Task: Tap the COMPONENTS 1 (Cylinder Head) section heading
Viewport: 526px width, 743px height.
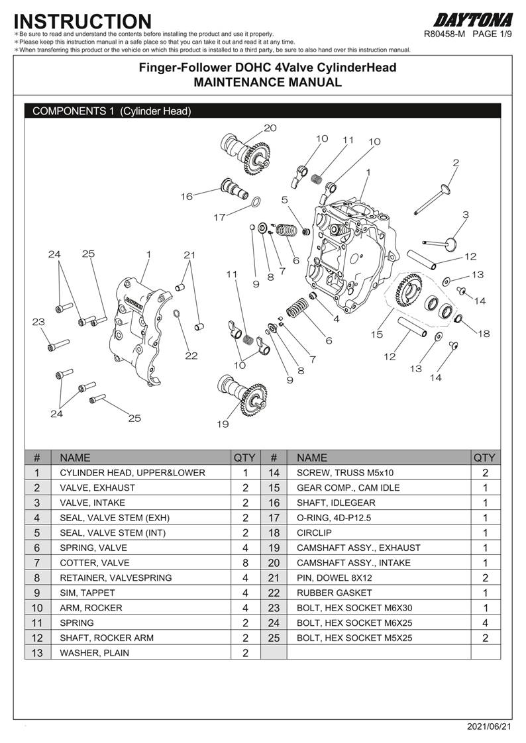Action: [x=112, y=111]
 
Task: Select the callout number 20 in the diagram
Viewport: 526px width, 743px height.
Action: [x=270, y=128]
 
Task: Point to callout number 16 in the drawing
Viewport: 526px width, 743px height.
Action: [x=186, y=196]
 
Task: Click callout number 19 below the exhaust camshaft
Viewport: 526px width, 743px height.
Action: [x=222, y=424]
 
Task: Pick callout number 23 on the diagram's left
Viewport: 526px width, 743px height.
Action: [x=38, y=322]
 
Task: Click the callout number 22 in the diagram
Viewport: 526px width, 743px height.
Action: [x=191, y=356]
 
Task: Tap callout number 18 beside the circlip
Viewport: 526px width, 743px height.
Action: [x=484, y=334]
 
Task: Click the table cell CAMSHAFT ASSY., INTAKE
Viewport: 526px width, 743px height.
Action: [x=353, y=563]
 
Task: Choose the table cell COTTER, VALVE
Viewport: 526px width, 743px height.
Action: [x=95, y=563]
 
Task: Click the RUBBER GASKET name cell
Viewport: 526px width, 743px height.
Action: [x=334, y=593]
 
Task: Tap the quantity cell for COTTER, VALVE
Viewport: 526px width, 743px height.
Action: [x=245, y=563]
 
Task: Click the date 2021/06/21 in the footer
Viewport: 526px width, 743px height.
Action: [x=490, y=727]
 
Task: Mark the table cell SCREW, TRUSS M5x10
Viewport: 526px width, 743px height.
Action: [x=344, y=473]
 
